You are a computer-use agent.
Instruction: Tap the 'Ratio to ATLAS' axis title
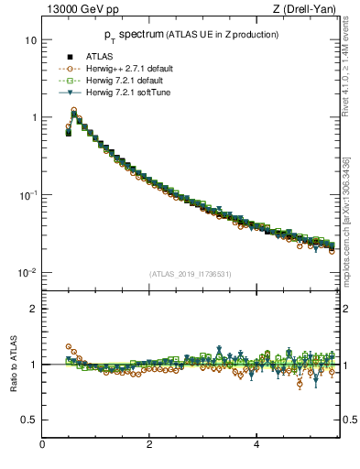14,364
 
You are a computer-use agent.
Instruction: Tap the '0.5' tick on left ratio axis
28,420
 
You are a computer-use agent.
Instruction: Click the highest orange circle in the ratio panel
69,347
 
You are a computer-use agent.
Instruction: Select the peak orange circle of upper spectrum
74,111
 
